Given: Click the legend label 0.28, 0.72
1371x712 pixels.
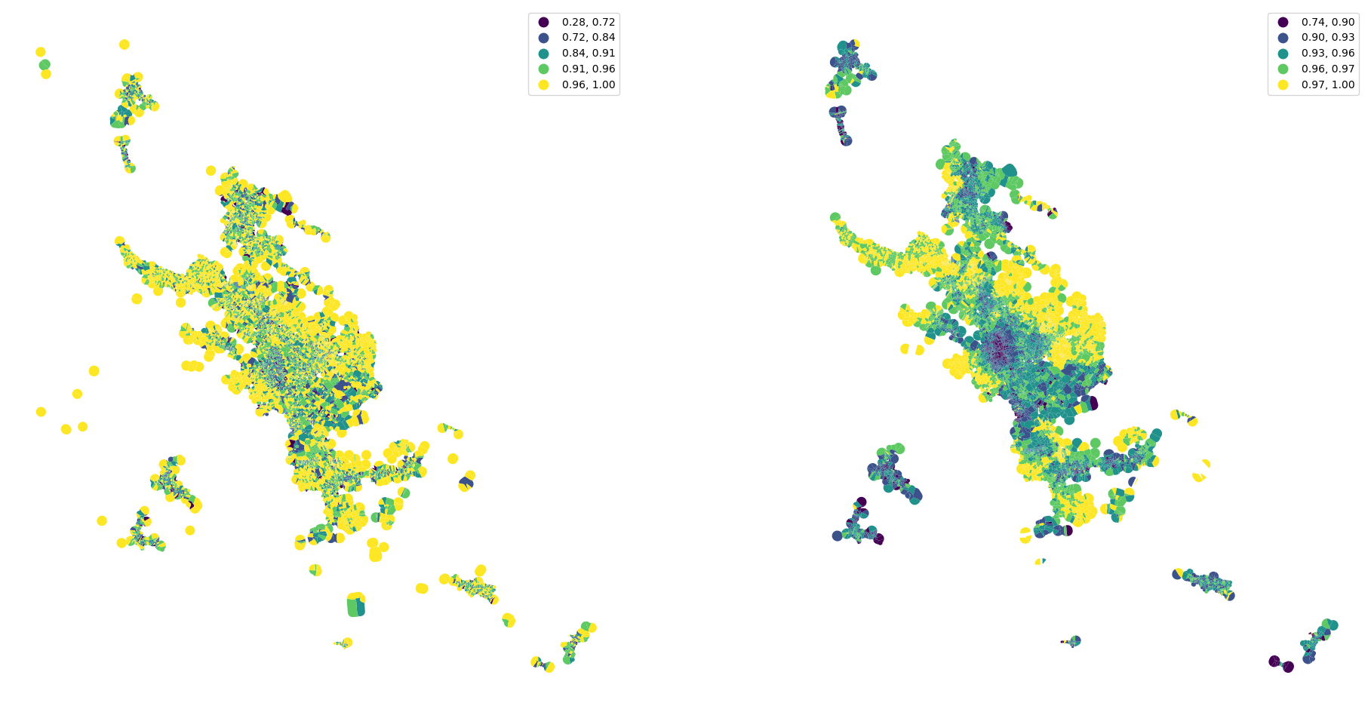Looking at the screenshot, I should [589, 23].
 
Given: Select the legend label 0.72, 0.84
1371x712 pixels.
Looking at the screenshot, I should [589, 38].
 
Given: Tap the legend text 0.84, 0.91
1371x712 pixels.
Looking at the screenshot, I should [589, 54].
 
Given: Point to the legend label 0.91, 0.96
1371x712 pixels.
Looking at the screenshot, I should [589, 69].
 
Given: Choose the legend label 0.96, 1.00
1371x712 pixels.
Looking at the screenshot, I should [589, 85].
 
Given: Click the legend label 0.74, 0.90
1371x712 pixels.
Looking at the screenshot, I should [1328, 23].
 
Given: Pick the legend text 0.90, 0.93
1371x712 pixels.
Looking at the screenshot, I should [1328, 38].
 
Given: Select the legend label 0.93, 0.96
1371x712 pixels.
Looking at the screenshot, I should [1328, 54].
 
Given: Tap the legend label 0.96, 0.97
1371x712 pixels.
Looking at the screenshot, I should [1328, 69].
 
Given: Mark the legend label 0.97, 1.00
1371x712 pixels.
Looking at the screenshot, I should [1328, 85].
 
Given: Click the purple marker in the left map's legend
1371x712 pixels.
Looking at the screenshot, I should [543, 23].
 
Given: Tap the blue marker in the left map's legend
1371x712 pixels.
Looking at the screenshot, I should [543, 38].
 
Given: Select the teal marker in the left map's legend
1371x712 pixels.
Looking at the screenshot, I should [543, 54].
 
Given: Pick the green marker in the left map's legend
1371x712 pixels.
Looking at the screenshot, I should [543, 69].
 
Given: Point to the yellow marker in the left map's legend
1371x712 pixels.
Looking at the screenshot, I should [543, 85].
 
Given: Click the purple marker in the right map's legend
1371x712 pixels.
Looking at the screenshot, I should [1283, 23].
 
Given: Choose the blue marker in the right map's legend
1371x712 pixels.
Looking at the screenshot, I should [1283, 38].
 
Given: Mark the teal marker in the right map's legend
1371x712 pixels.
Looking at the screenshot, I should [1283, 54].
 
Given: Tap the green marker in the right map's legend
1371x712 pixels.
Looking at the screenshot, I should [1283, 69].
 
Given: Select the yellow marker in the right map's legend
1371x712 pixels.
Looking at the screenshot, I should [1283, 85].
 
